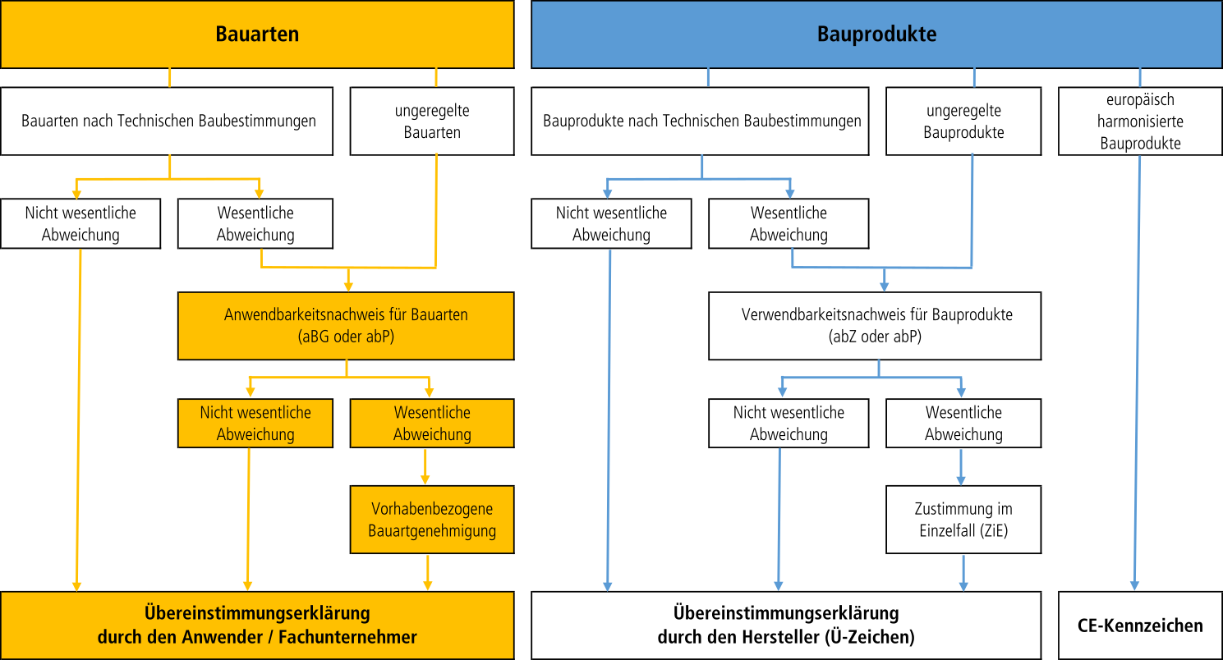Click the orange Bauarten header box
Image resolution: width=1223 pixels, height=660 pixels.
click(257, 34)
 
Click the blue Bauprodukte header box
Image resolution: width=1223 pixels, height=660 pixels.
click(876, 34)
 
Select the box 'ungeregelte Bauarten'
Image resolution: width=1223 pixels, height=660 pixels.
click(432, 121)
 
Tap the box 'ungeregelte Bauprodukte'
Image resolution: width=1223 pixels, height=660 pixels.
click(963, 121)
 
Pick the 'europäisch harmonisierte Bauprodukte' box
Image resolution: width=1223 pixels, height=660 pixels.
click(1140, 121)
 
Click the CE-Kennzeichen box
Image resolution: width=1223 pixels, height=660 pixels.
click(1140, 626)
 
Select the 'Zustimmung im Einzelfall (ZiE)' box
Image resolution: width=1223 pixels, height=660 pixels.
click(963, 520)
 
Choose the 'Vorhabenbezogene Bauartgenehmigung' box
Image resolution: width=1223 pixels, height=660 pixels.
click(432, 520)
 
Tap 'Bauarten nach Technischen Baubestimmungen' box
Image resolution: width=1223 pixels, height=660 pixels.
click(168, 121)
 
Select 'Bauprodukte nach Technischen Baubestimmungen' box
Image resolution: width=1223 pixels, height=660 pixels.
click(701, 121)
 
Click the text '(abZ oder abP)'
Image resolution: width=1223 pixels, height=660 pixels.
click(876, 336)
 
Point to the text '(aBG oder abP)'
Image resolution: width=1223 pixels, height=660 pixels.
click(346, 336)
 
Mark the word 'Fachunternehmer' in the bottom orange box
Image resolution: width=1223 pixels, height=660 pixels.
click(360, 637)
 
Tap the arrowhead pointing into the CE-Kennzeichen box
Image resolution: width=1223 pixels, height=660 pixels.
click(1134, 585)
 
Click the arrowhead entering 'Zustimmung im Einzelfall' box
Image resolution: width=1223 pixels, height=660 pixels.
click(962, 479)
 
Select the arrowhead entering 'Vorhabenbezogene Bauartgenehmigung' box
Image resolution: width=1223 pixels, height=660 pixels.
click(425, 479)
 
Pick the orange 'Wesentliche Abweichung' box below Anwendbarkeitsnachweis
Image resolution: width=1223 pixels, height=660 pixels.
click(432, 424)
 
